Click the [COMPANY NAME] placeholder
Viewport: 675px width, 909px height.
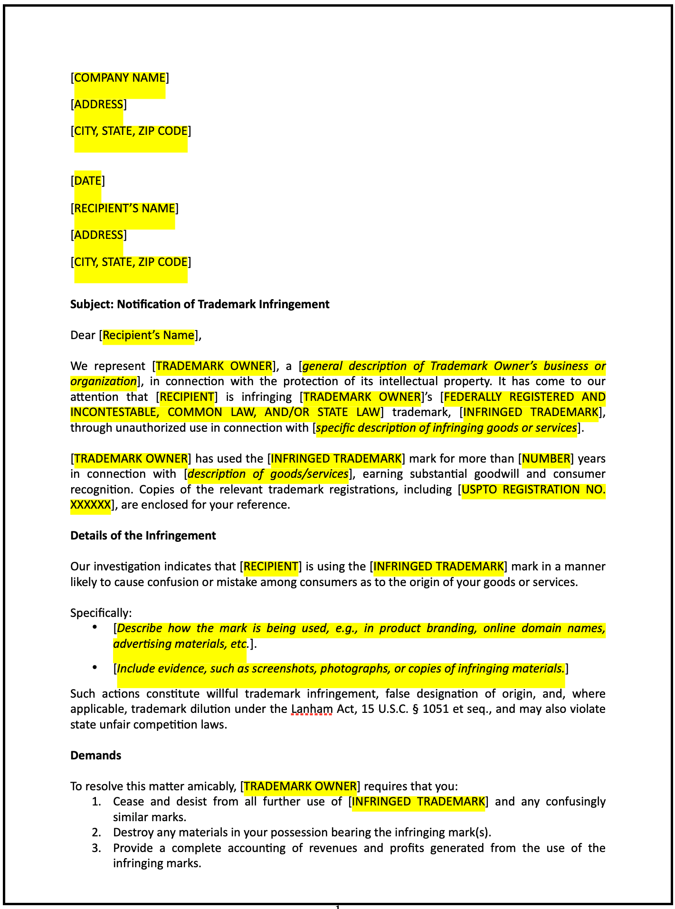[120, 78]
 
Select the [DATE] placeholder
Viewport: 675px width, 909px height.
[88, 181]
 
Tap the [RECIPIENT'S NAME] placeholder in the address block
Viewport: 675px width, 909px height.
[124, 208]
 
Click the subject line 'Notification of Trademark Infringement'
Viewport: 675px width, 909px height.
[223, 304]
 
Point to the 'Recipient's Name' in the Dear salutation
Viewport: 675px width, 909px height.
[148, 335]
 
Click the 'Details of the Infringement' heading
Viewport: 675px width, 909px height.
[143, 536]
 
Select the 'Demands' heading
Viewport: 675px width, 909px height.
[95, 756]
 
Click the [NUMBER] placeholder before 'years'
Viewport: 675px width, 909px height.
[546, 459]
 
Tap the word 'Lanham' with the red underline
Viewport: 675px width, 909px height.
[312, 710]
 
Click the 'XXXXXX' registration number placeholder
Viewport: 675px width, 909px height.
[90, 505]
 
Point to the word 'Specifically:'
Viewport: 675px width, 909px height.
[101, 613]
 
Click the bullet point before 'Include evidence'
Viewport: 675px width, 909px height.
[95, 668]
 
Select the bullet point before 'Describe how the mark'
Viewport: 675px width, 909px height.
[95, 627]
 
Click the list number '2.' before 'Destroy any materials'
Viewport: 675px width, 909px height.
[96, 833]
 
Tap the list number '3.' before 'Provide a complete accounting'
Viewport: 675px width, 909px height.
[96, 848]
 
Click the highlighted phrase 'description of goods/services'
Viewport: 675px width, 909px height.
[268, 474]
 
